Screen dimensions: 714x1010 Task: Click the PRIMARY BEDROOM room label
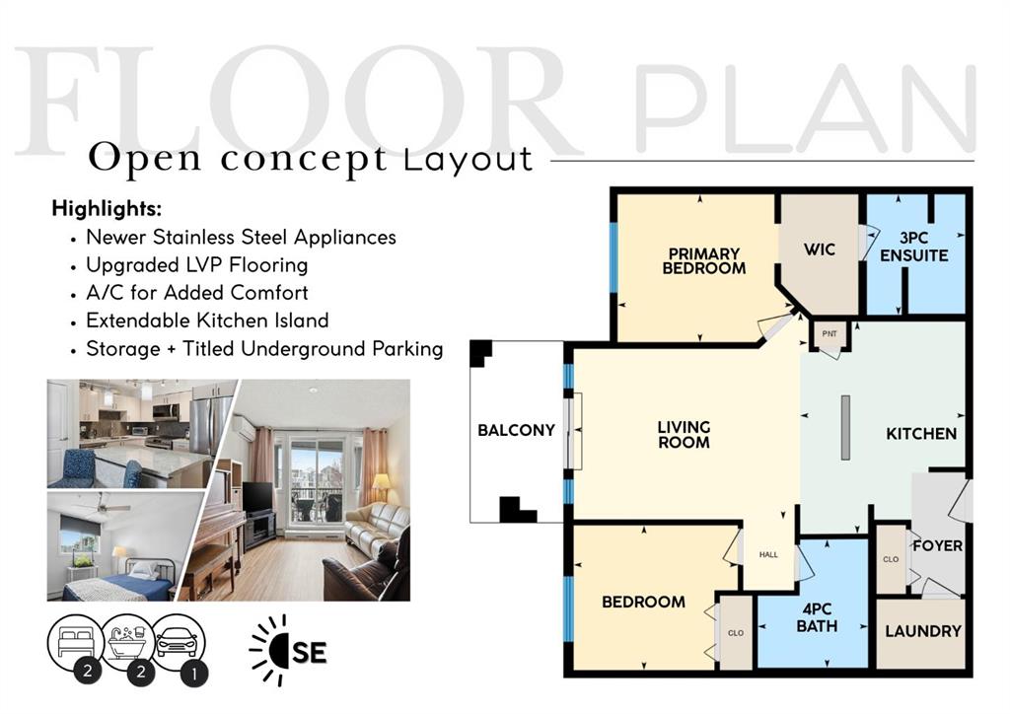[703, 260]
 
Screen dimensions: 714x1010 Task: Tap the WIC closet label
[819, 250]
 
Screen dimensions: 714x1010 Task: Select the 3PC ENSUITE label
[914, 248]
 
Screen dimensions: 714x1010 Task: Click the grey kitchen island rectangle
[845, 427]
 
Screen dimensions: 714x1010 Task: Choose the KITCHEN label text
[920, 433]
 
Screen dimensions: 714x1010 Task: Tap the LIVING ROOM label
[684, 435]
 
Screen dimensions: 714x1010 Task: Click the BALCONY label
[516, 430]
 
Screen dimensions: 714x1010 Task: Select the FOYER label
[937, 545]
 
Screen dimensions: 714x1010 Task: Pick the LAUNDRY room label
[922, 631]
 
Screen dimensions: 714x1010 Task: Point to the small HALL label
[768, 554]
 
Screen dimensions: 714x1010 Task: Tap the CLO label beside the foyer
[891, 559]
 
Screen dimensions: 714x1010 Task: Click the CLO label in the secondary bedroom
[735, 632]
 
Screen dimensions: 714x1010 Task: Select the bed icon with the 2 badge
[75, 644]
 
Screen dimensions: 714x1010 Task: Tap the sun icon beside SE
[270, 650]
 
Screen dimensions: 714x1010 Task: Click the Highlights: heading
[107, 209]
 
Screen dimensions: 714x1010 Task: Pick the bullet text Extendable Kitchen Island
[207, 321]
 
